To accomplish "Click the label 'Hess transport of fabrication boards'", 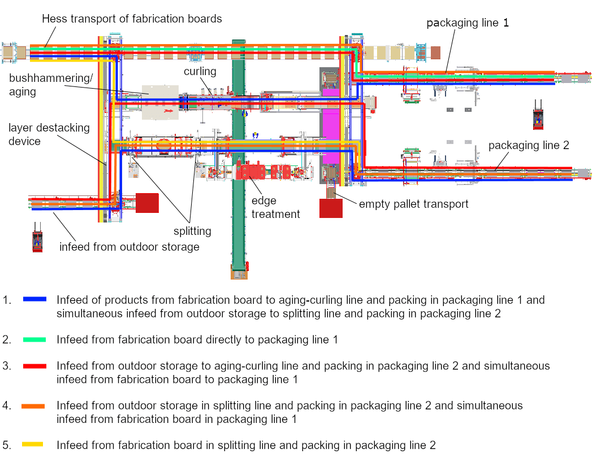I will (x=132, y=19).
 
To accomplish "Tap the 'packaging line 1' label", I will (x=468, y=23).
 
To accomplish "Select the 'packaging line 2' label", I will (x=529, y=145).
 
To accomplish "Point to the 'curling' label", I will (x=200, y=71).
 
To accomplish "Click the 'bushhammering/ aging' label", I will (x=50, y=84).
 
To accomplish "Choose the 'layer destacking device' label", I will (x=49, y=134).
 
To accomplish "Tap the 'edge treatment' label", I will (x=275, y=207).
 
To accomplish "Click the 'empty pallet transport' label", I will (x=413, y=204).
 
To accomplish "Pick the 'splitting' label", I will (x=192, y=231).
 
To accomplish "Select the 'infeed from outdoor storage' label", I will (x=129, y=247).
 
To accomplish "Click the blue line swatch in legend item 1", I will (x=34, y=300).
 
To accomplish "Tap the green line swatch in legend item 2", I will (x=34, y=339).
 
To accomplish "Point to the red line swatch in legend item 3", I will (x=34, y=366).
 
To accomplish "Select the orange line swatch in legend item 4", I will (x=33, y=405).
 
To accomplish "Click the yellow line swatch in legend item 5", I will (x=33, y=445).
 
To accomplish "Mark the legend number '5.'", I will (x=7, y=445).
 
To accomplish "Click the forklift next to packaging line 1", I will (x=537, y=115).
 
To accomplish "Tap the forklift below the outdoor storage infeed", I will (x=38, y=237).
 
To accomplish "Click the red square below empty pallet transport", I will (x=331, y=208).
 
